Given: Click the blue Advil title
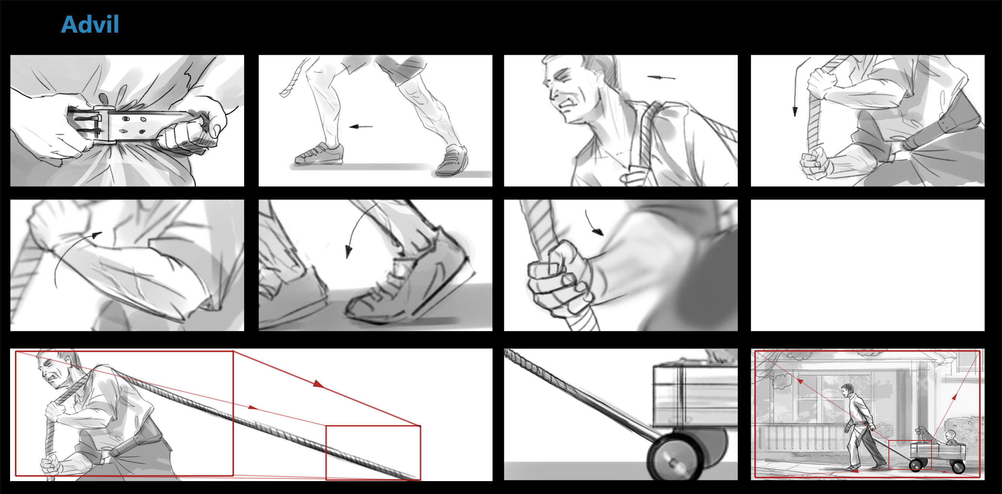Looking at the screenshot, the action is tap(90, 24).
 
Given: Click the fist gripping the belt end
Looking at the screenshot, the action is tap(187, 136).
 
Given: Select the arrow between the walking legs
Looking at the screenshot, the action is tap(361, 127).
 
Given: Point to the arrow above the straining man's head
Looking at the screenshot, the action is tap(661, 77).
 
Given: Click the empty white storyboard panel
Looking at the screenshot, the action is tap(867, 265).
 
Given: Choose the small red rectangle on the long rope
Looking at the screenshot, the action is tap(373, 453).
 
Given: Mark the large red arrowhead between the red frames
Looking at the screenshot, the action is tap(319, 384).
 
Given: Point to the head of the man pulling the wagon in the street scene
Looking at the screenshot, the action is tap(847, 390).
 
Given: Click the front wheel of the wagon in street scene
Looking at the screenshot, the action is tap(916, 465).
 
